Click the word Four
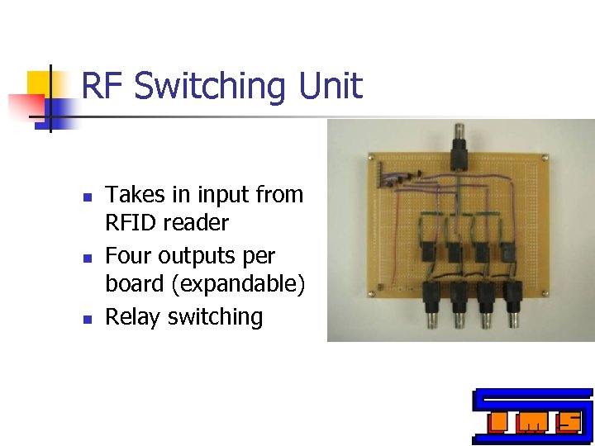point(129,256)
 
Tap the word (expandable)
point(246,284)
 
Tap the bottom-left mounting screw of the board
point(377,290)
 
